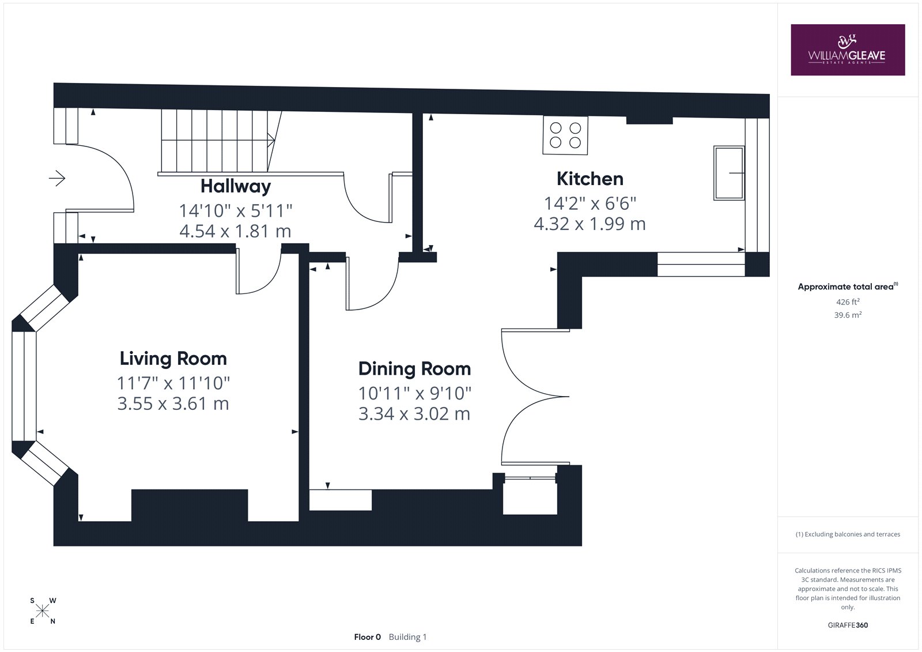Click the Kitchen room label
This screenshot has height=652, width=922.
pyautogui.click(x=590, y=179)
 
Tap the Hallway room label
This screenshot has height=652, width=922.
pyautogui.click(x=236, y=186)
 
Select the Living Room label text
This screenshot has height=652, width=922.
pyautogui.click(x=173, y=359)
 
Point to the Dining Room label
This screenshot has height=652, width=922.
pyautogui.click(x=414, y=368)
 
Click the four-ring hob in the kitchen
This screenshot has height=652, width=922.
pyautogui.click(x=565, y=135)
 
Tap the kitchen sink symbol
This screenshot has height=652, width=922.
pyautogui.click(x=729, y=173)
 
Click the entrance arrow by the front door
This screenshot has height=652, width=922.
pyautogui.click(x=57, y=178)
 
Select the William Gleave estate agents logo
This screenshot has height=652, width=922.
pyautogui.click(x=848, y=50)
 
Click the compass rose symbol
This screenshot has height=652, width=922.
pyautogui.click(x=43, y=611)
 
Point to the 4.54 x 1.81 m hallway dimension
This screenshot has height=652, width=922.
pyautogui.click(x=235, y=231)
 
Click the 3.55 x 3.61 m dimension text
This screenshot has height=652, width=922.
pyautogui.click(x=173, y=403)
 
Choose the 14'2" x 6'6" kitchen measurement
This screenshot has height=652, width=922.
pyautogui.click(x=590, y=203)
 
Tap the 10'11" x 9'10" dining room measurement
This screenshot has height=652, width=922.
pyautogui.click(x=414, y=393)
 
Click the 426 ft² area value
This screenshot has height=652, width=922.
pyautogui.click(x=848, y=301)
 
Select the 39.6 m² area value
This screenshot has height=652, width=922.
pyautogui.click(x=848, y=315)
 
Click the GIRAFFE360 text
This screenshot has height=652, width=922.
pyautogui.click(x=848, y=625)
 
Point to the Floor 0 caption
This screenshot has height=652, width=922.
pyautogui.click(x=367, y=637)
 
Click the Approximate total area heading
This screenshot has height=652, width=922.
pyautogui.click(x=848, y=287)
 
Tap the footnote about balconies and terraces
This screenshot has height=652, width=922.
pyautogui.click(x=848, y=534)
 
